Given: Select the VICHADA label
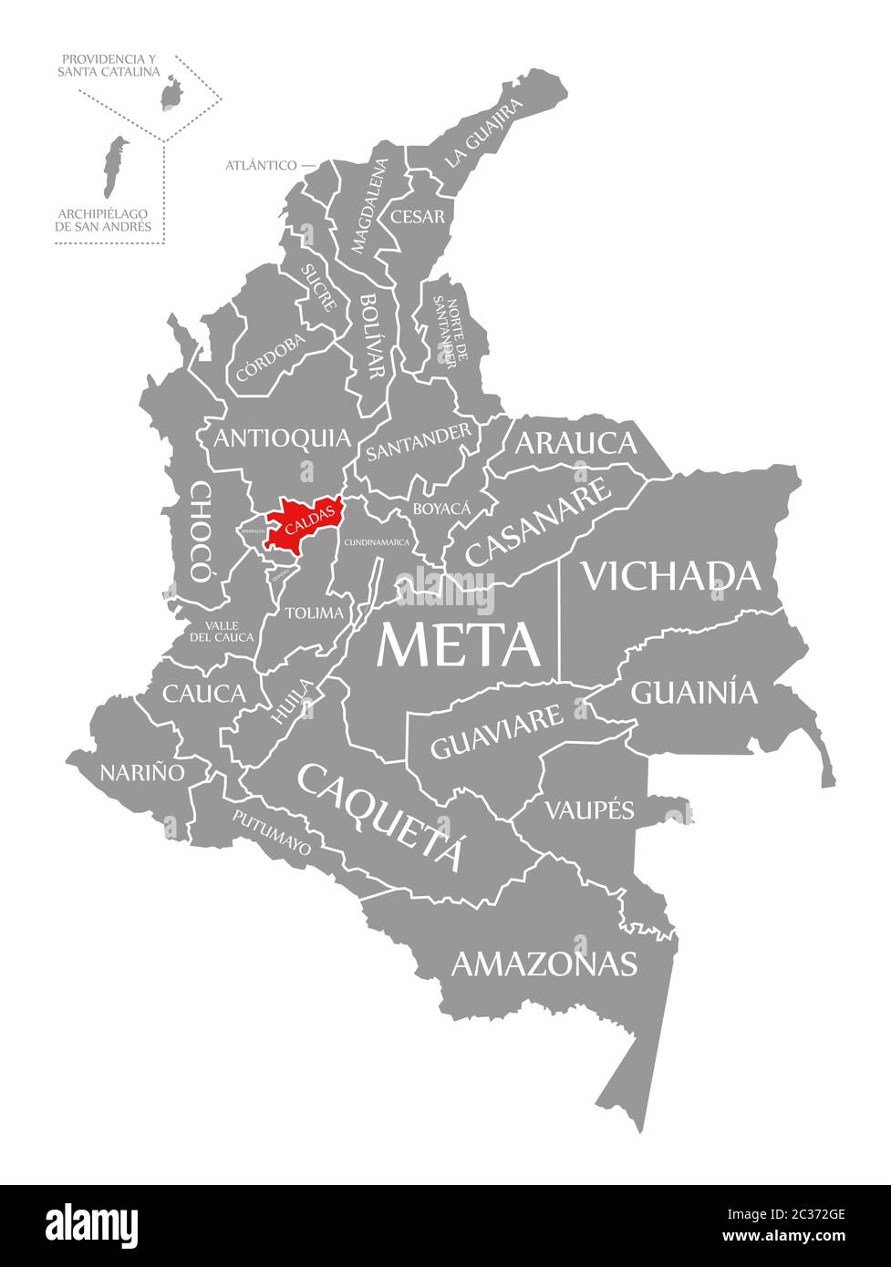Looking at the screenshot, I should tap(671, 576).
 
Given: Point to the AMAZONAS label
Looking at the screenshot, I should tap(544, 963).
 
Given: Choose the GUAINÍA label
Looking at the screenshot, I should tap(694, 693).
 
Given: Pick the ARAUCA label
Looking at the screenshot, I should tap(575, 443).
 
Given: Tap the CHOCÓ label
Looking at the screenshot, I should tap(200, 532).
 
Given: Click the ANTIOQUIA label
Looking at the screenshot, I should tap(282, 438).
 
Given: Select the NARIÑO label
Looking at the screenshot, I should tap(141, 772).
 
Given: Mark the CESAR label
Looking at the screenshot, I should tap(418, 217).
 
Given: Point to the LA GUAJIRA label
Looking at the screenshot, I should tap(485, 134).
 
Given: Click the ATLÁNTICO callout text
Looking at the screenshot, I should tap(261, 165).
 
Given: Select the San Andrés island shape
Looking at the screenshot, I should tap(114, 165).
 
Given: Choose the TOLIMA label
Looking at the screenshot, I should tap(315, 613).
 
